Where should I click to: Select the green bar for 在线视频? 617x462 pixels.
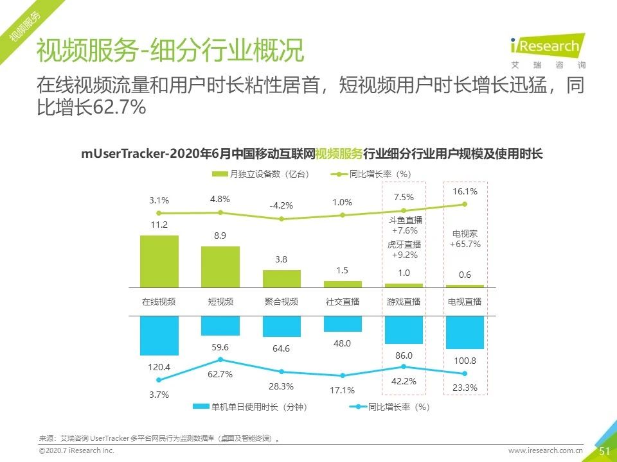click(159, 261)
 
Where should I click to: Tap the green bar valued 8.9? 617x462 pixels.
click(220, 266)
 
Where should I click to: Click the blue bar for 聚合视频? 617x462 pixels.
click(282, 327)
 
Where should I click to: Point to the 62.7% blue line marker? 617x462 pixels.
click(220, 359)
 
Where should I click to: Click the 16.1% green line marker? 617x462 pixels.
click(465, 204)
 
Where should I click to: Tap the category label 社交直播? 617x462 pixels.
click(343, 302)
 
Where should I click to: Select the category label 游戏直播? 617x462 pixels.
click(404, 302)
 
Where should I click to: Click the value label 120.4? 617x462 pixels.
click(159, 367)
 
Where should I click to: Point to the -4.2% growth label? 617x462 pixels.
click(282, 206)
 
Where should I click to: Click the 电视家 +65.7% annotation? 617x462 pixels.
click(465, 239)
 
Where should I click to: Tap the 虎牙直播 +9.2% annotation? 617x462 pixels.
click(404, 250)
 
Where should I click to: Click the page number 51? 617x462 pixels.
click(604, 451)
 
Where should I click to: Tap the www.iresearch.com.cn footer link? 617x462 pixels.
click(546, 451)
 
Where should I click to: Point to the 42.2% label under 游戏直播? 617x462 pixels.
click(404, 381)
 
